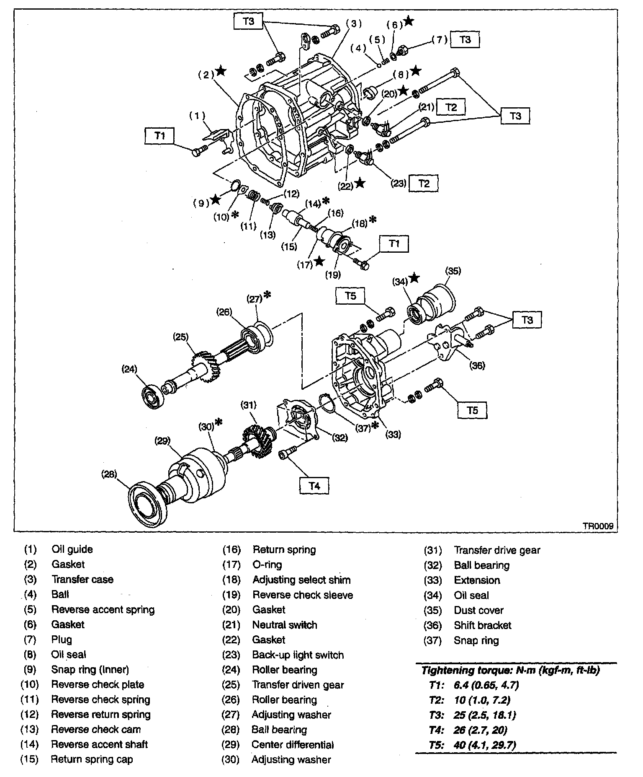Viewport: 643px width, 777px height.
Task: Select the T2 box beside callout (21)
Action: (x=451, y=107)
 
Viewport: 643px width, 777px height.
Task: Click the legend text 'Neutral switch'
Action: (x=285, y=625)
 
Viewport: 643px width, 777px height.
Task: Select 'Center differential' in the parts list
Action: (x=293, y=745)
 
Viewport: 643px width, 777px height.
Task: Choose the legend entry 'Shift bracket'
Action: (x=483, y=625)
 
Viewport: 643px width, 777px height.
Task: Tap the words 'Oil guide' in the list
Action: (x=72, y=549)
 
